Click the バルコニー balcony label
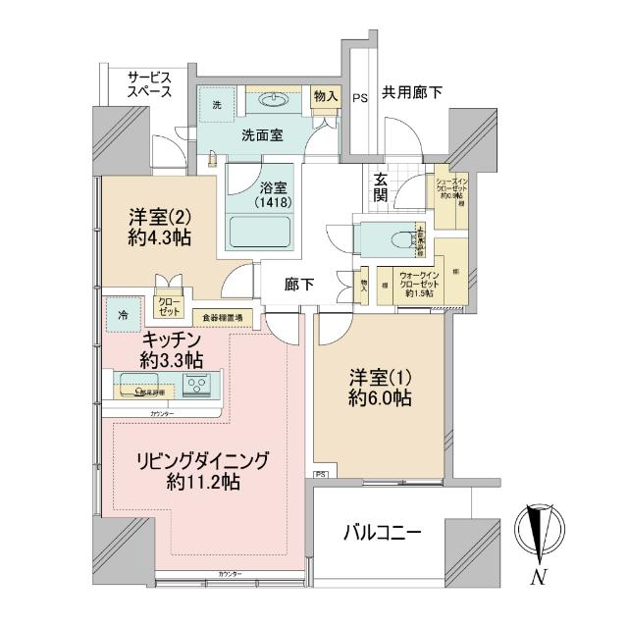coord(383,534)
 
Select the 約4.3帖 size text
coord(158,237)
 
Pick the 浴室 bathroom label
coord(261,183)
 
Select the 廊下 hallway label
coord(299,285)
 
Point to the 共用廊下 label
coord(411,93)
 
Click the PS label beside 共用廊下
coord(360,97)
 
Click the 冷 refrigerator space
coord(123,315)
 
